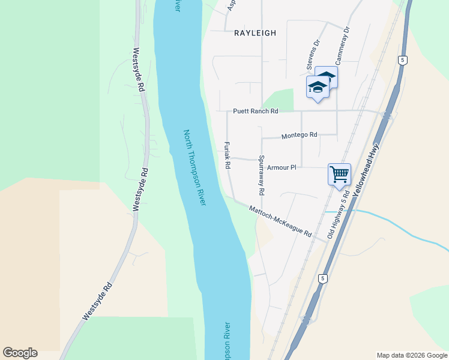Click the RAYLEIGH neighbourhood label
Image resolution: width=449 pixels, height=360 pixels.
(255, 33)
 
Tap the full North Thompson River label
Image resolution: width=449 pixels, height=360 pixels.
(194, 168)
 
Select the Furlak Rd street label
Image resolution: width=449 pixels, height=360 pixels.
(228, 155)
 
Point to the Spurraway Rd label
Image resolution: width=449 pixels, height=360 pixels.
(261, 176)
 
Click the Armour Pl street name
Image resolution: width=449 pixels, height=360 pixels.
(282, 167)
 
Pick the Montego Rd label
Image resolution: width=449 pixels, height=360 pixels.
(298, 136)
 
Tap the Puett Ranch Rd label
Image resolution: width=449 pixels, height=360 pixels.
(256, 111)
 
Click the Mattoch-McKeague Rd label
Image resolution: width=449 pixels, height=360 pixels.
(280, 221)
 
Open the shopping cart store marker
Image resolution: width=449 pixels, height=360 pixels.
(339, 174)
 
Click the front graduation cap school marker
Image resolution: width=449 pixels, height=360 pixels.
(318, 88)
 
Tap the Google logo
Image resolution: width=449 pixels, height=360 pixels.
(20, 353)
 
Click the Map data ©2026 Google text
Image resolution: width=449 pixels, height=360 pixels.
(411, 355)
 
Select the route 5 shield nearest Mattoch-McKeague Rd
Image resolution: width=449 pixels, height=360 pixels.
(322, 278)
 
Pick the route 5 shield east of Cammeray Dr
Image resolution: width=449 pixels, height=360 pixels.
(402, 60)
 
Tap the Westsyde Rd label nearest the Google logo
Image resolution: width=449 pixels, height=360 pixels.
(97, 301)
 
